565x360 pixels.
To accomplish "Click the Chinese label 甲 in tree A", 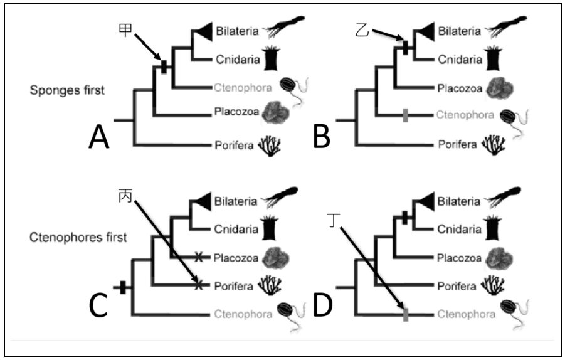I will [125, 29].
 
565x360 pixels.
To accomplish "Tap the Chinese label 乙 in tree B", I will [361, 29].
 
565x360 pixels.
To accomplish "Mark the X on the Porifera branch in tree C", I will [199, 285].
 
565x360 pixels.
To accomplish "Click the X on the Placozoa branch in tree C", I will [199, 256].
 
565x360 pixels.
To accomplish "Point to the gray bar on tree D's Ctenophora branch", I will [406, 314].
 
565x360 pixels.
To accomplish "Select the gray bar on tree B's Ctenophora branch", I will [406, 115].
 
